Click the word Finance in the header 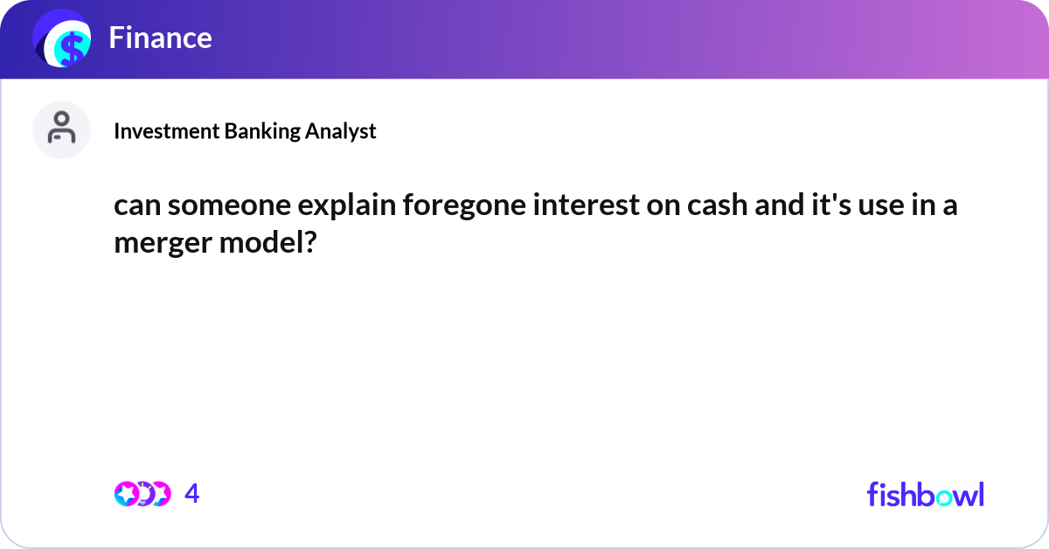coord(160,38)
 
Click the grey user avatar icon coord(62,129)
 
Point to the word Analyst coord(342,131)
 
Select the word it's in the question coord(826,209)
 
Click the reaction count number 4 coord(192,494)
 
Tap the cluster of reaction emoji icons coord(142,494)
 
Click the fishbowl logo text coord(925,494)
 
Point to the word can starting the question coord(136,209)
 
